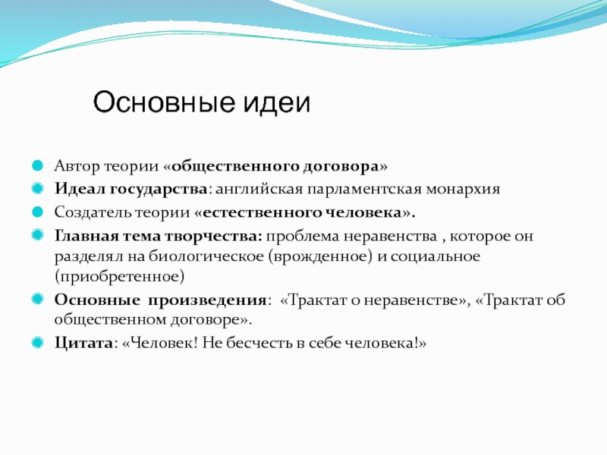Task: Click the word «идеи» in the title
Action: [277, 102]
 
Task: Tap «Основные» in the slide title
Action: [164, 102]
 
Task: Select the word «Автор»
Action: [77, 166]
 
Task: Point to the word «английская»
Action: [259, 190]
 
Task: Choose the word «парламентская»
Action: [364, 190]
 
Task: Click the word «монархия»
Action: [463, 190]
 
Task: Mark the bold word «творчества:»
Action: [214, 237]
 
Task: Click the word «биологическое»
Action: [206, 256]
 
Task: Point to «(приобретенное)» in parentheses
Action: [119, 277]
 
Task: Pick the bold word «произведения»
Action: [207, 300]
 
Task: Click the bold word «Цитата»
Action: [83, 344]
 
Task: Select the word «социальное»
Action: [436, 256]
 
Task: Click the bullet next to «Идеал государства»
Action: [37, 188]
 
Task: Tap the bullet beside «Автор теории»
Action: [37, 165]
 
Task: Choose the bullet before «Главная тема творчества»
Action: [37, 235]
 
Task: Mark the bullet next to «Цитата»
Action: [37, 342]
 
